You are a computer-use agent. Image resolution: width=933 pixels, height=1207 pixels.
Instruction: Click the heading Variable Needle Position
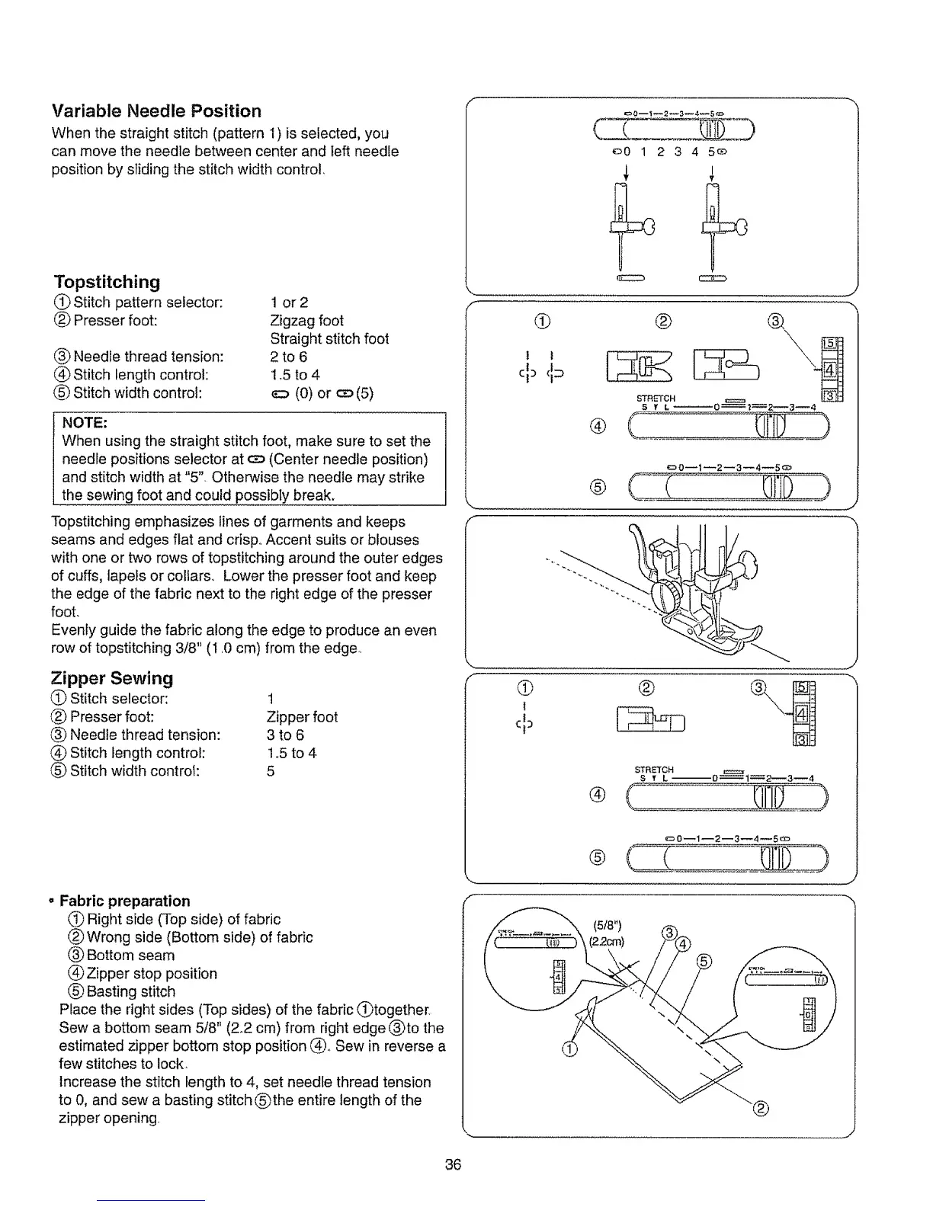[156, 110]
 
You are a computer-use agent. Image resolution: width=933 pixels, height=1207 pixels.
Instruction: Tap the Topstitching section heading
[107, 282]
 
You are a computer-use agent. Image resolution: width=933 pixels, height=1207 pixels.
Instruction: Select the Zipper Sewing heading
[112, 678]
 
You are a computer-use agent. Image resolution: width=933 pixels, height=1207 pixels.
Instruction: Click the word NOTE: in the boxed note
[84, 422]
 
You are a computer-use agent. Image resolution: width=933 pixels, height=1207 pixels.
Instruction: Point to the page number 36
[454, 1164]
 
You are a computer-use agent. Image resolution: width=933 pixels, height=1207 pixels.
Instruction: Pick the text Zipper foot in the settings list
[302, 717]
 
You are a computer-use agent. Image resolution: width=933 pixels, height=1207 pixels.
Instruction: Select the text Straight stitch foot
[329, 338]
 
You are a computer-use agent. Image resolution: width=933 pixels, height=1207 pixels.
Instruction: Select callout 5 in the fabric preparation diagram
[704, 962]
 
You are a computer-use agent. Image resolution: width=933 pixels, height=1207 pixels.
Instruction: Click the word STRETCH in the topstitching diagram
[656, 399]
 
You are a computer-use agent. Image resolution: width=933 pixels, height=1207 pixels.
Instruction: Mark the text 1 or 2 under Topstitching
[289, 303]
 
